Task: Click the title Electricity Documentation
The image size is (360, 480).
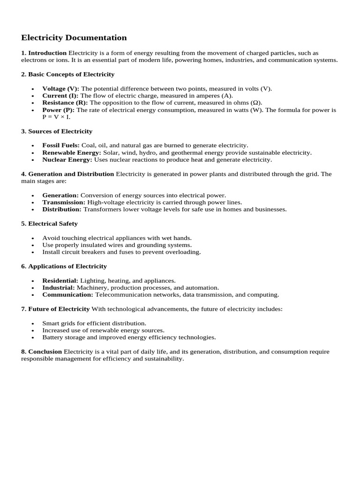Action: [74, 37]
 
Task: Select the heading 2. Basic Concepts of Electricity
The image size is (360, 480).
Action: [67, 74]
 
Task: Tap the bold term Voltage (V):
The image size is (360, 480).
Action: [60, 89]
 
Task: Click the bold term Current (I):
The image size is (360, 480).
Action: [60, 96]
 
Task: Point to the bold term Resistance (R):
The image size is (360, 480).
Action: [65, 103]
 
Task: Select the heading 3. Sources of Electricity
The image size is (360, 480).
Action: [57, 131]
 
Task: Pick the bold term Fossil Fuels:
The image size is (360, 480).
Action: [61, 145]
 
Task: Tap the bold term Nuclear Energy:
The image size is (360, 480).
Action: [67, 159]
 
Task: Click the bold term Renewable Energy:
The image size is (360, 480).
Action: [72, 152]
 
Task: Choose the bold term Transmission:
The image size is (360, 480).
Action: [64, 202]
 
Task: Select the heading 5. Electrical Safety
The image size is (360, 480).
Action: [49, 224]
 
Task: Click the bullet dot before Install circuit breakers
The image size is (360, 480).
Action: [32, 252]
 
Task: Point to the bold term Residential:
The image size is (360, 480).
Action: [60, 280]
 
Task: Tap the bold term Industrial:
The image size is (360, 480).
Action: [59, 287]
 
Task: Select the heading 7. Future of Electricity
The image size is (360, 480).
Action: [55, 309]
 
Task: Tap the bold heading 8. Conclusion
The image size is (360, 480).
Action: [41, 352]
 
